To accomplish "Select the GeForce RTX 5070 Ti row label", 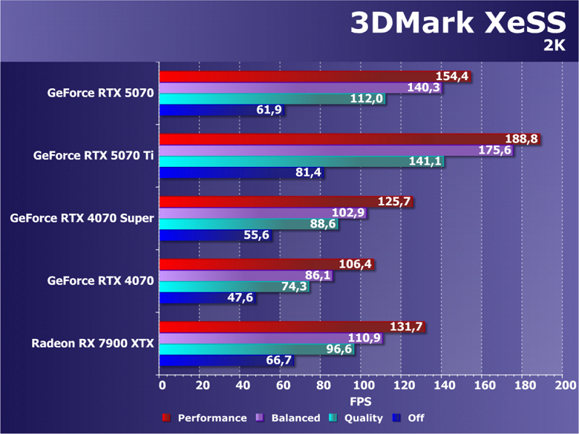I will pyautogui.click(x=94, y=156).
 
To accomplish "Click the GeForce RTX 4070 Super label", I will pyautogui.click(x=82, y=218).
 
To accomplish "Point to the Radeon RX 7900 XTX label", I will pyautogui.click(x=93, y=343).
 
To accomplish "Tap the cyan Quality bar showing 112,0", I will pyautogui.click(x=252, y=99).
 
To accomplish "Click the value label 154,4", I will pyautogui.click(x=454, y=76).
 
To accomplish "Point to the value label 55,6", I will pyautogui.click(x=256, y=236).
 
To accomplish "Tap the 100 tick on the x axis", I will pyautogui.click(x=363, y=386).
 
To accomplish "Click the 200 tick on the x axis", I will pyautogui.click(x=564, y=386).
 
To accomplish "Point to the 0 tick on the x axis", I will pyautogui.click(x=161, y=386).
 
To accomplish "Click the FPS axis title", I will pyautogui.click(x=362, y=401).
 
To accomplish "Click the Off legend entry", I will pyautogui.click(x=416, y=418).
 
